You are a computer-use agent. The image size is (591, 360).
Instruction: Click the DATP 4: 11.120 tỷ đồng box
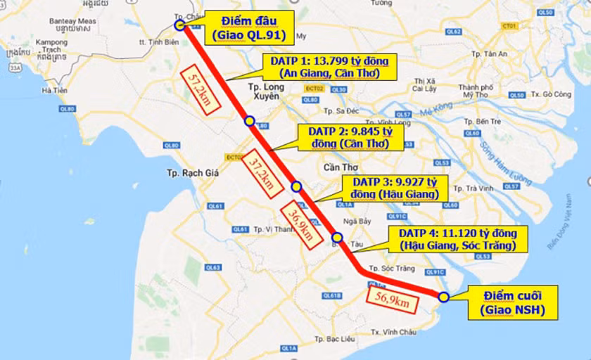tap(458, 239)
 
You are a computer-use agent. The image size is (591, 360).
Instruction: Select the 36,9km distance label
tap(300, 225)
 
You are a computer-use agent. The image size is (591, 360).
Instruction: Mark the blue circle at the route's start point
tap(179, 25)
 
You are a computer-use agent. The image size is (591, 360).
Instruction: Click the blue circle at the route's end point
tap(443, 297)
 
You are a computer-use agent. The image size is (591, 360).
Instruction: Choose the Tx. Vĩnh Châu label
tap(395, 331)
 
